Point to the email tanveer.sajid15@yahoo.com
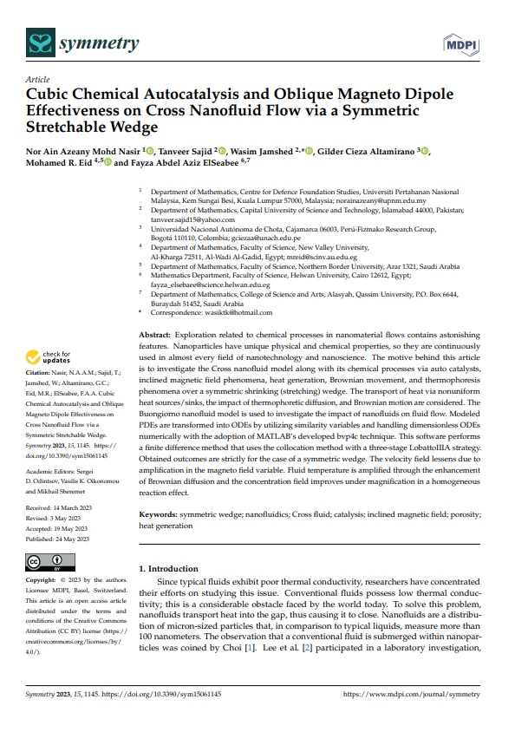187,220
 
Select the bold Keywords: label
163,514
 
